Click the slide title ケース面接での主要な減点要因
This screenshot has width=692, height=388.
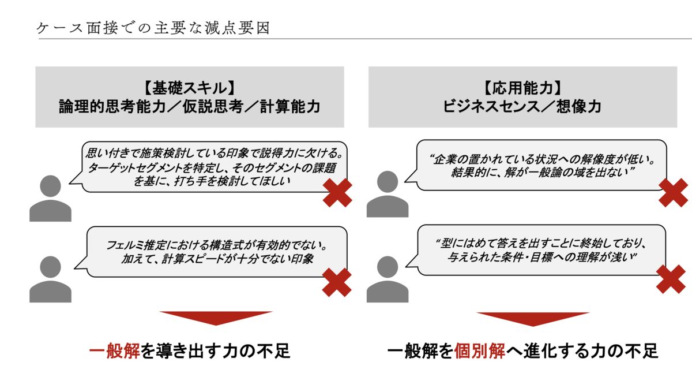pyautogui.click(x=153, y=28)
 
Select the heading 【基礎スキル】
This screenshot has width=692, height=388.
pyautogui.click(x=189, y=88)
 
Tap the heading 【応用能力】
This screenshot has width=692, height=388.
pyautogui.click(x=522, y=88)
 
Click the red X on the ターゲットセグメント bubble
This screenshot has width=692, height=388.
pyautogui.click(x=337, y=192)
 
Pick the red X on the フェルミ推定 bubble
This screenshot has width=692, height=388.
pyautogui.click(x=337, y=282)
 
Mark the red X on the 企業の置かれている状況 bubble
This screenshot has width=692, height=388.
pyautogui.click(x=674, y=192)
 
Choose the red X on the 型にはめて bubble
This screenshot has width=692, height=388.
pyautogui.click(x=671, y=279)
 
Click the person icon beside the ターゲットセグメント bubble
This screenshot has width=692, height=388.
pyautogui.click(x=50, y=199)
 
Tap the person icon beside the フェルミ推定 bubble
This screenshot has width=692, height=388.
pyautogui.click(x=50, y=279)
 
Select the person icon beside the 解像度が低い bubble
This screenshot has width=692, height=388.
pyautogui.click(x=388, y=194)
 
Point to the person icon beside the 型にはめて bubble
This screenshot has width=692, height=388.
pyautogui.click(x=388, y=279)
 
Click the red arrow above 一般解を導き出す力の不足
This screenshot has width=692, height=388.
pyautogui.click(x=216, y=318)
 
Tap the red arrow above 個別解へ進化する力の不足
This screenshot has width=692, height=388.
pyautogui.click(x=533, y=319)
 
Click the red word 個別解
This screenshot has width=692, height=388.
pyautogui.click(x=479, y=351)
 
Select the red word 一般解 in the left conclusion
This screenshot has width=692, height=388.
pyautogui.click(x=114, y=351)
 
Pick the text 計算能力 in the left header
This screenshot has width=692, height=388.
pyautogui.click(x=289, y=107)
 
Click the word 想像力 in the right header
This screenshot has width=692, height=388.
pyautogui.click(x=579, y=107)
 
